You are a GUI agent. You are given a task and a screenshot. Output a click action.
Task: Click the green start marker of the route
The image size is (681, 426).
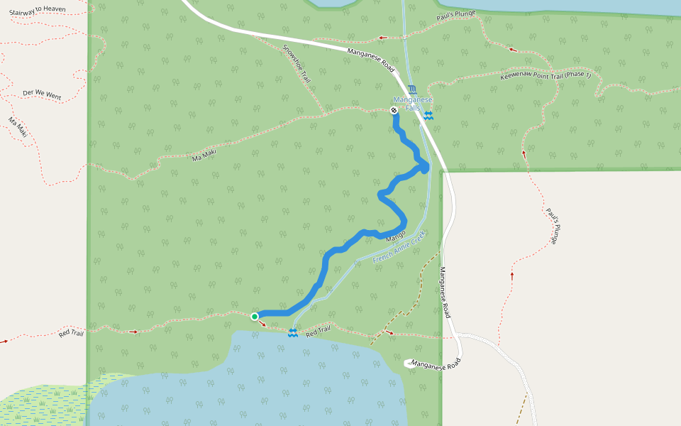pyautogui.click(x=255, y=317)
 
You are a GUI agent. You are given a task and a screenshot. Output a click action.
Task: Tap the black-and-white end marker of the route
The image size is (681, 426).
pyautogui.click(x=394, y=110)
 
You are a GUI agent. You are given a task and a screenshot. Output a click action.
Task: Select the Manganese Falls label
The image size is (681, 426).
pyautogui.click(x=409, y=104)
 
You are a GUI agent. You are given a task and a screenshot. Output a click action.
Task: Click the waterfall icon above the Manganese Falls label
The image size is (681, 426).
pyautogui.click(x=412, y=90)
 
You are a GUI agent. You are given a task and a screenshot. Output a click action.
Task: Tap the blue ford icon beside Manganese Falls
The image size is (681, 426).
pyautogui.click(x=428, y=116)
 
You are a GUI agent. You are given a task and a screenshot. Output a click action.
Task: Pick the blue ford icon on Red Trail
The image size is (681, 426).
pyautogui.click(x=292, y=333)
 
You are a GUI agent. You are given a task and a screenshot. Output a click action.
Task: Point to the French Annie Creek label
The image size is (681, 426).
pyautogui.click(x=399, y=247)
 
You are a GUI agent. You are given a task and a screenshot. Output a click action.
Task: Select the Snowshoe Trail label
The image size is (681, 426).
pyautogui.click(x=297, y=65)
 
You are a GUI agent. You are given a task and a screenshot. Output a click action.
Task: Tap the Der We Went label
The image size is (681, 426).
pyautogui.click(x=42, y=94)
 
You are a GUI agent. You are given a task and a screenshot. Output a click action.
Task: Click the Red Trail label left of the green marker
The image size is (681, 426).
pyautogui.click(x=72, y=332)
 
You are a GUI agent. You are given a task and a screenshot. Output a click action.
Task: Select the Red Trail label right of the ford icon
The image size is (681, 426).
pyautogui.click(x=319, y=330)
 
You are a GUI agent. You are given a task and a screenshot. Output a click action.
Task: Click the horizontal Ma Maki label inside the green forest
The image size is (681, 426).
pyautogui.click(x=204, y=153)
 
